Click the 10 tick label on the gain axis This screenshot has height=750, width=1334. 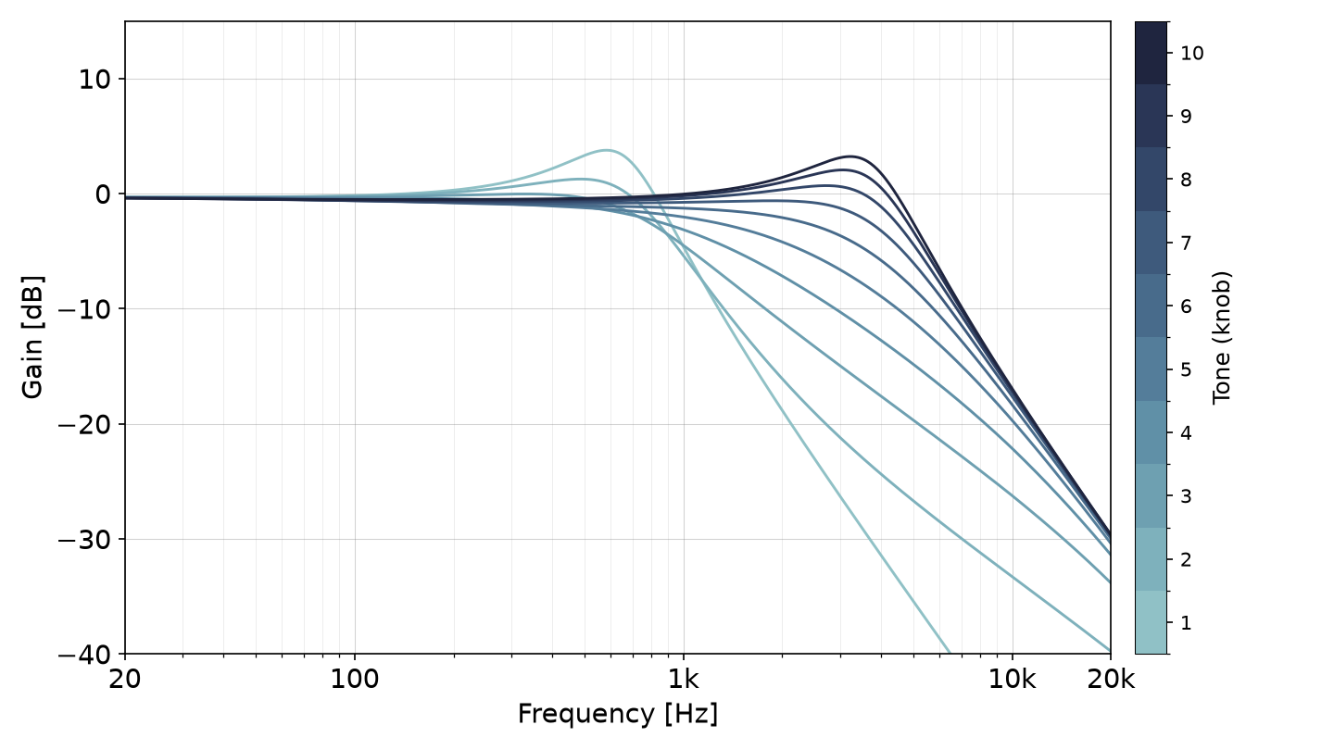click(x=94, y=80)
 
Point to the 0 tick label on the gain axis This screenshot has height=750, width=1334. click(x=103, y=194)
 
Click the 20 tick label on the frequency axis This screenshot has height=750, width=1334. click(x=124, y=680)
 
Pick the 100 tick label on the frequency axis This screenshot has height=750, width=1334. click(x=354, y=680)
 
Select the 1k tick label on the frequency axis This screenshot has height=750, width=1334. click(x=683, y=680)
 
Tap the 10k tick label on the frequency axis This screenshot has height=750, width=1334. click(x=1013, y=680)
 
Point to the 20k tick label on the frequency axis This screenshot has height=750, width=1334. click(x=1111, y=680)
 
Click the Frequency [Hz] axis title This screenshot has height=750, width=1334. click(x=618, y=714)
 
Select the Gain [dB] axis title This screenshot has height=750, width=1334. click(x=32, y=337)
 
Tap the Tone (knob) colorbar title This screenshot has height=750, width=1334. click(x=1221, y=337)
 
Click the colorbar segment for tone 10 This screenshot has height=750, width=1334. click(x=1151, y=53)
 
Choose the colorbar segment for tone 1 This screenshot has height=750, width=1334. click(x=1151, y=622)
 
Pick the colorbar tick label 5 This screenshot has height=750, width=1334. click(x=1186, y=369)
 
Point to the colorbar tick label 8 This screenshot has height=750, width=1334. click(x=1186, y=180)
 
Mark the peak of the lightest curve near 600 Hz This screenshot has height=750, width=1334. click(x=606, y=150)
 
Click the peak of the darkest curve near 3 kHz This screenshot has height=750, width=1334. click(x=849, y=156)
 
